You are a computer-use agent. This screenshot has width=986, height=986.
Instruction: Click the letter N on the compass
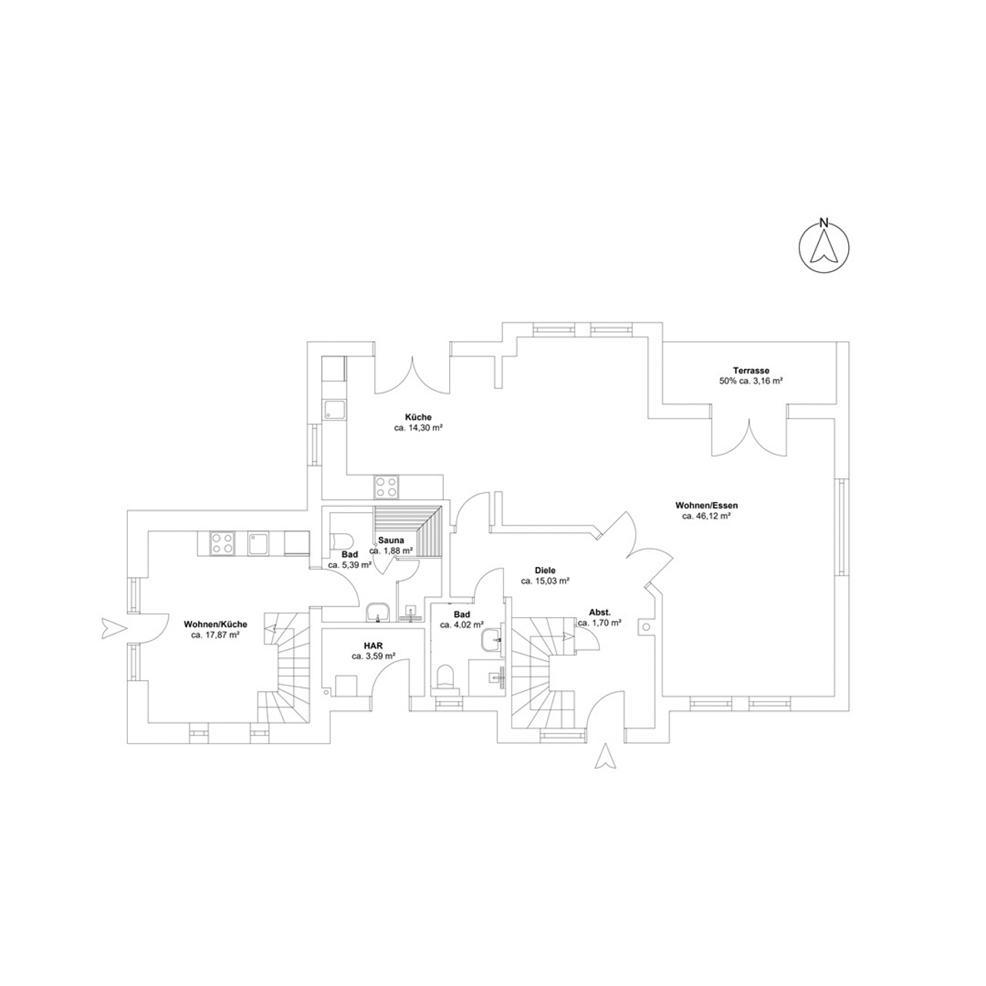(823, 223)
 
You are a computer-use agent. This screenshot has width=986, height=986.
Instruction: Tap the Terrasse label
(750, 371)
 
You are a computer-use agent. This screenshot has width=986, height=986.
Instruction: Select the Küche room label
(418, 418)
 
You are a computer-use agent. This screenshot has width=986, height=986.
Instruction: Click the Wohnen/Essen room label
(706, 506)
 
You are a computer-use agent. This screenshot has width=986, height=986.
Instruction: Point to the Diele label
(545, 571)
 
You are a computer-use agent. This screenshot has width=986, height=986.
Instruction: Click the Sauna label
(391, 540)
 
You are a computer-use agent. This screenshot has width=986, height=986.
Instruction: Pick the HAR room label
(374, 646)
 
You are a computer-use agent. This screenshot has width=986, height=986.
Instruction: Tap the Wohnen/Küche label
(216, 625)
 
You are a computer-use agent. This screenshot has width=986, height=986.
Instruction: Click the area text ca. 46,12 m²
(706, 517)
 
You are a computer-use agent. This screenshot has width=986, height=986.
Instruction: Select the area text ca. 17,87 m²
(216, 636)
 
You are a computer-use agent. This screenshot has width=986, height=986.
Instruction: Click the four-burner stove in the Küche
(387, 487)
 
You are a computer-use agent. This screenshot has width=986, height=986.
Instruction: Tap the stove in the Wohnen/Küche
(223, 543)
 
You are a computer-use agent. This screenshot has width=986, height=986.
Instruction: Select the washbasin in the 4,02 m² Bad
(492, 640)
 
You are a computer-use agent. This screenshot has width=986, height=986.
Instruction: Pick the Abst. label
(599, 612)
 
